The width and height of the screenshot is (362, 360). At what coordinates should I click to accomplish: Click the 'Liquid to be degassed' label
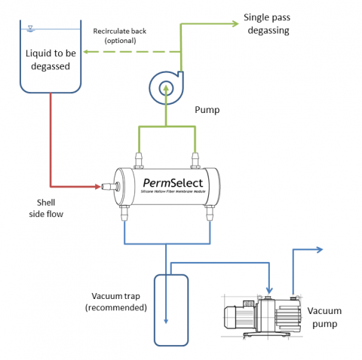(x=51, y=60)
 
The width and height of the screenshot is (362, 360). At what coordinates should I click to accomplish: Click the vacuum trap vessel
(x=170, y=309)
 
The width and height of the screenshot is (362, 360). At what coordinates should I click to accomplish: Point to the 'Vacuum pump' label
(x=325, y=317)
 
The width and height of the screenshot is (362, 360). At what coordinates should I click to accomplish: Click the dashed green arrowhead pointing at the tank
(x=88, y=52)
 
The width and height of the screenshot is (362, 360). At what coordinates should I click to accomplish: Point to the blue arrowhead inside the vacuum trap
(x=165, y=322)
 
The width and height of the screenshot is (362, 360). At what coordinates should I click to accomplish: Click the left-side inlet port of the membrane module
(x=109, y=186)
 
